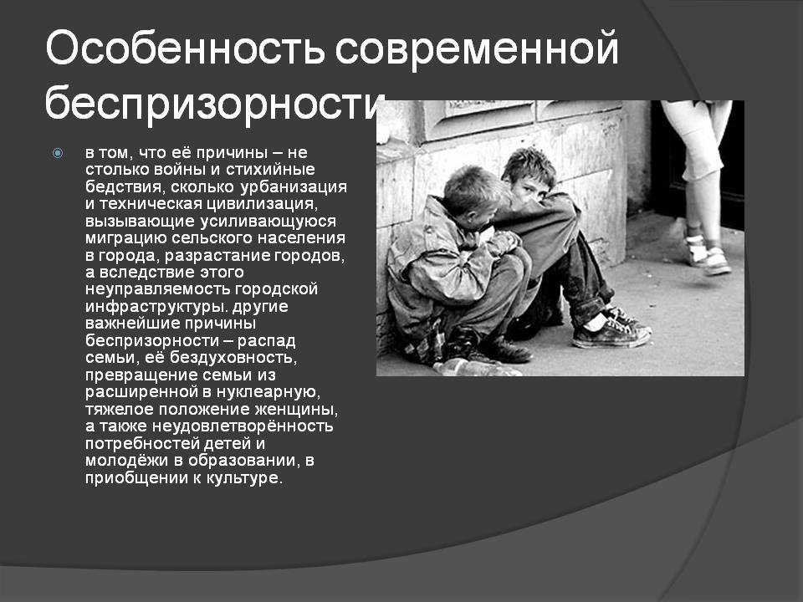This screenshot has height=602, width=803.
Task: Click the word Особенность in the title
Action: pyautogui.click(x=186, y=48)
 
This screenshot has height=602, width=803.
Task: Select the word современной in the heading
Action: pyautogui.click(x=478, y=49)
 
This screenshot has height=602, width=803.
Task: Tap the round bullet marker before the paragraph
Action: pyautogui.click(x=58, y=153)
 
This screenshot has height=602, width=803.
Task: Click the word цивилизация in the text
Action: pyautogui.click(x=262, y=204)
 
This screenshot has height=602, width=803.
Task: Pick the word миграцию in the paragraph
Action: pyautogui.click(x=126, y=238)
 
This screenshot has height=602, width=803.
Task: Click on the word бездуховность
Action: pyautogui.click(x=233, y=357)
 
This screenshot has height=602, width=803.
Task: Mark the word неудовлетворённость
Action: pyautogui.click(x=243, y=426)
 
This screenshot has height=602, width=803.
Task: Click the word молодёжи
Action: pyautogui.click(x=127, y=460)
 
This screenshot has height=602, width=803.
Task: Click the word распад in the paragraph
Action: pyautogui.click(x=266, y=341)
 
